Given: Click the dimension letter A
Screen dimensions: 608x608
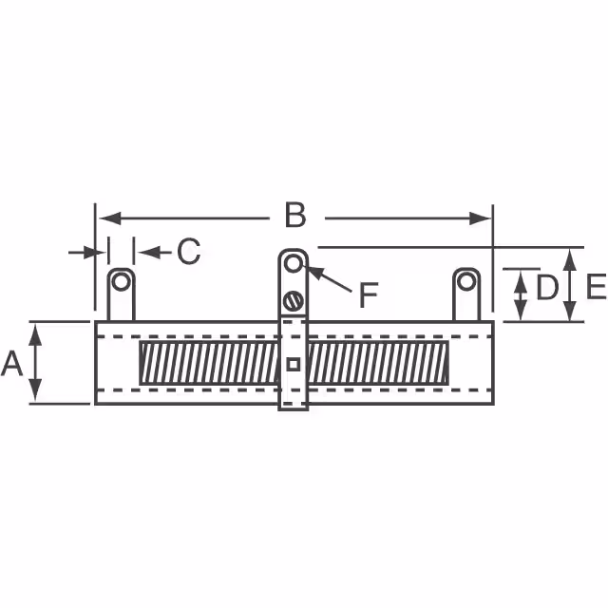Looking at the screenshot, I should (x=12, y=363).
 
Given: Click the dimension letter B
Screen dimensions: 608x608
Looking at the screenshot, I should (x=295, y=217).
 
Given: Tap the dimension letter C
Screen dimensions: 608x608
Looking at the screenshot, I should (x=189, y=252).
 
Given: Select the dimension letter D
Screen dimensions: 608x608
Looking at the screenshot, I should (x=546, y=288).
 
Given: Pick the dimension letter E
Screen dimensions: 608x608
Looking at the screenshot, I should (x=596, y=286).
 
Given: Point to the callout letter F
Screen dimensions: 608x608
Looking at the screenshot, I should (x=368, y=296).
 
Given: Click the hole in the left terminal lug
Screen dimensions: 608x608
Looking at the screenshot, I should (x=121, y=281).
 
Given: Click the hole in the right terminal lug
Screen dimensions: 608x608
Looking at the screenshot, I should (x=465, y=281).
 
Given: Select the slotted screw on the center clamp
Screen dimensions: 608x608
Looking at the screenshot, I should (x=294, y=302).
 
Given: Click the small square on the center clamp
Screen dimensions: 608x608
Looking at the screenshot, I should (x=294, y=363).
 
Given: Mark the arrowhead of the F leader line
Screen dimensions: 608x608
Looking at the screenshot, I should (x=311, y=271).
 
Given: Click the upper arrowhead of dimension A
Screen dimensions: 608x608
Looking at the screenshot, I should (x=35, y=329).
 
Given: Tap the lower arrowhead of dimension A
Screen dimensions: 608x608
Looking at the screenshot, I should (x=35, y=396).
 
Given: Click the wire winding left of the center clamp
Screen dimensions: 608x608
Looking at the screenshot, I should (x=209, y=363).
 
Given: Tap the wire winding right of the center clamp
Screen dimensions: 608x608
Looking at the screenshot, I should (x=380, y=363).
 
